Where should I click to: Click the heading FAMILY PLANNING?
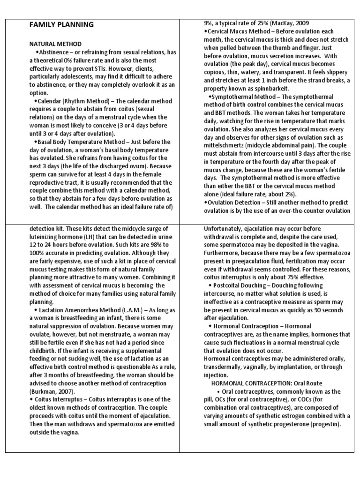62,24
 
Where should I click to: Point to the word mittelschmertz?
224,145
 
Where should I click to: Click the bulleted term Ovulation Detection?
237,202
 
